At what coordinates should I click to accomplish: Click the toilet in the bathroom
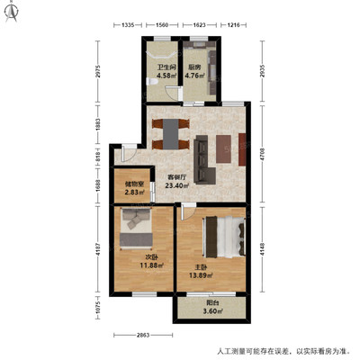pos(152,82)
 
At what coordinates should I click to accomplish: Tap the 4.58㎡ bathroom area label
pos(167,76)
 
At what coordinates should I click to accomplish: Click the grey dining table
pos(170,134)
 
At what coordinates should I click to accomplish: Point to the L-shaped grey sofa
pos(204,159)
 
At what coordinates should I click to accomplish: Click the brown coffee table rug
pos(223,148)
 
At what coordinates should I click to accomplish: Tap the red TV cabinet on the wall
pos(242,149)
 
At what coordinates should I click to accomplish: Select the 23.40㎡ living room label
pos(177,185)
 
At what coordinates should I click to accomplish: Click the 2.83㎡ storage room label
pos(135,192)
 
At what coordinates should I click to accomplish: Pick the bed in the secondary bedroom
pos(136,229)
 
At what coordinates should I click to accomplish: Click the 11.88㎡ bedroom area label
pos(151,265)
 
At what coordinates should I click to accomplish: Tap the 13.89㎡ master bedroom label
pos(201,274)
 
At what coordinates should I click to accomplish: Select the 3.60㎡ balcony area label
pos(212,311)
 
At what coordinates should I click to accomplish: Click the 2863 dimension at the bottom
pos(143,335)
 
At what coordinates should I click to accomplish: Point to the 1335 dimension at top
pos(128,25)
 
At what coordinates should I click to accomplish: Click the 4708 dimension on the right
pos(263,154)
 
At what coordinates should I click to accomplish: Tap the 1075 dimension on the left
pos(97,308)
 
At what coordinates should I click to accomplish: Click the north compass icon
pos(12,13)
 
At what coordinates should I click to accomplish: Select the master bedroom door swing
pos(188,211)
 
